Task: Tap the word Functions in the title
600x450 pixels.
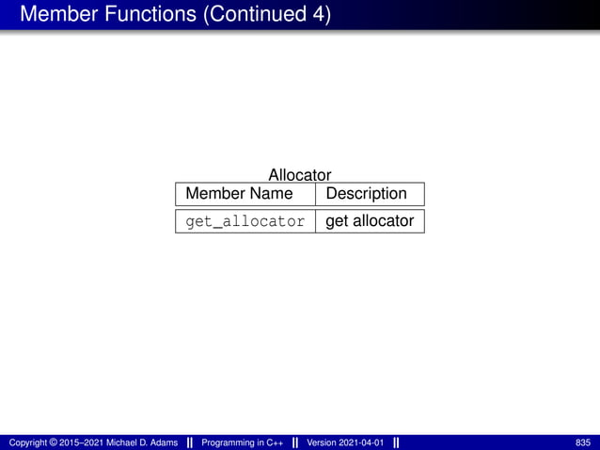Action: tap(150, 15)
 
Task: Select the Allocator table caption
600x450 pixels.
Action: tap(300, 175)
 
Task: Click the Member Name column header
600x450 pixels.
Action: tap(239, 194)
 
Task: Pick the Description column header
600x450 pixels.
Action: tap(366, 194)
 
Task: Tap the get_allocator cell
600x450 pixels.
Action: tap(245, 222)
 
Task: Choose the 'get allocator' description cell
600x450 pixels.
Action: tap(370, 222)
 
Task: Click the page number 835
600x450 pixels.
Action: tap(582, 442)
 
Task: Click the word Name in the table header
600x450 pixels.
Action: tap(270, 194)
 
